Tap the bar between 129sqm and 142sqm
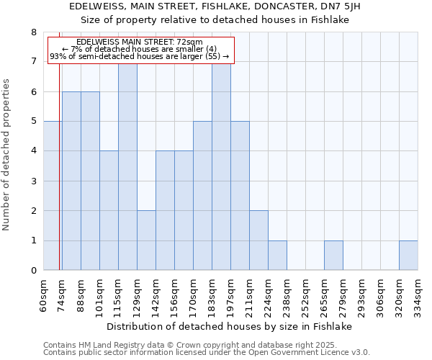click(146, 240)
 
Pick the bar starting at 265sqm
click(333, 256)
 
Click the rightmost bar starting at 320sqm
click(408, 256)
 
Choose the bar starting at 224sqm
click(277, 256)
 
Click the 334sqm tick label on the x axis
click(418, 295)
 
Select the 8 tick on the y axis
click(33, 32)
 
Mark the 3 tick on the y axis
click(33, 181)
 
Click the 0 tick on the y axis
click(33, 271)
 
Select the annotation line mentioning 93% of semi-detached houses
click(139, 56)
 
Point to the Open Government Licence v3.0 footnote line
click(207, 352)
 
